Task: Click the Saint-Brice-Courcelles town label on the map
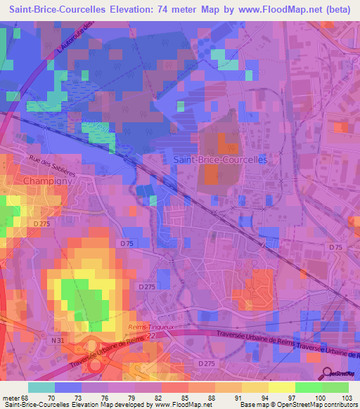click(x=220, y=160)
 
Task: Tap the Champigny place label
click(x=47, y=181)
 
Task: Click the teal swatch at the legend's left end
click(x=41, y=387)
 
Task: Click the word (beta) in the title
click(x=337, y=10)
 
